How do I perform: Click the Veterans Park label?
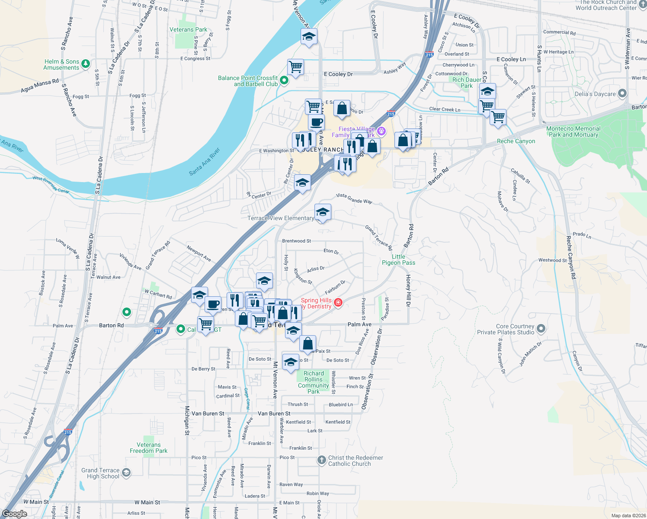[x=188, y=30]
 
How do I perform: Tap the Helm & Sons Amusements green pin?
[x=86, y=64]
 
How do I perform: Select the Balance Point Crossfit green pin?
[x=284, y=80]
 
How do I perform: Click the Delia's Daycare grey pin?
[x=622, y=93]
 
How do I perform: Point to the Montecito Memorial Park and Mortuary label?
[x=573, y=132]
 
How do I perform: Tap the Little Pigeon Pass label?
[x=398, y=259]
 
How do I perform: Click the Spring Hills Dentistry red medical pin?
[x=338, y=303]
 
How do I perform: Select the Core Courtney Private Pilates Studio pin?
[x=541, y=329]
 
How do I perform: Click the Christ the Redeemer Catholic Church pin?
[x=321, y=460]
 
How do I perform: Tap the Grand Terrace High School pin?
[x=126, y=472]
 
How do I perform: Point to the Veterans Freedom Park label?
[x=148, y=448]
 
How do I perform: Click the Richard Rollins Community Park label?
[x=314, y=382]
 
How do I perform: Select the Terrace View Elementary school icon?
[x=323, y=213]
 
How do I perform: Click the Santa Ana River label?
[x=205, y=162]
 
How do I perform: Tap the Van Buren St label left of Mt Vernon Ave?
[x=208, y=413]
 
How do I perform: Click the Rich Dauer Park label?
[x=467, y=83]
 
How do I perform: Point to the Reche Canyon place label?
[x=516, y=141]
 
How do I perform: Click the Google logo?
[x=15, y=514]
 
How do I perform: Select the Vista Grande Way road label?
[x=354, y=198]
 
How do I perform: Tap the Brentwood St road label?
[x=296, y=241]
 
